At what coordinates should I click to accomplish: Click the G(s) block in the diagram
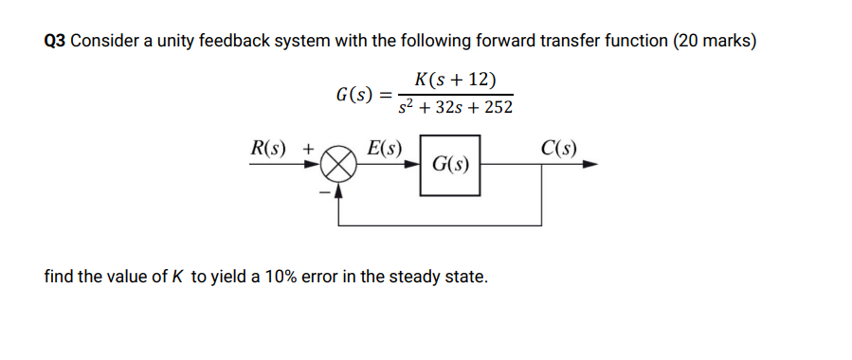tap(450, 165)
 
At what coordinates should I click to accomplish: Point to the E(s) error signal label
tap(385, 149)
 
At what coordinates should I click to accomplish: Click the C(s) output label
tap(559, 149)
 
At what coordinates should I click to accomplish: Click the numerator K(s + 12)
tap(455, 80)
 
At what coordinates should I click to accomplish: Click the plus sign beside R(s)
tap(308, 149)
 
